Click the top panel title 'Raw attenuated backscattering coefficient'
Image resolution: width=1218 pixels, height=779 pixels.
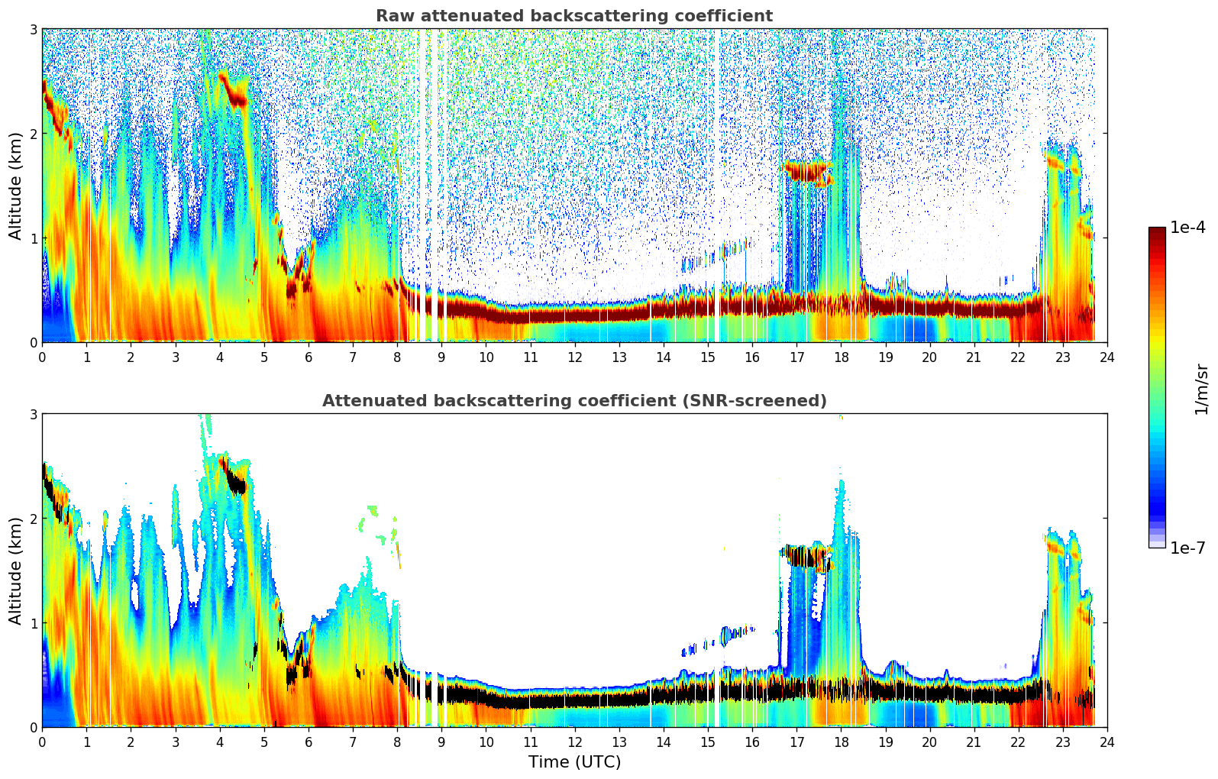coord(573,16)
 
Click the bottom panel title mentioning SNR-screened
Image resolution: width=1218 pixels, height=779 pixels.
coord(573,401)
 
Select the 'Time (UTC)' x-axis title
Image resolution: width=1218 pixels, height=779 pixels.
coord(574,762)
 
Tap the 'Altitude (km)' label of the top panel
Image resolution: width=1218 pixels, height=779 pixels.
coord(15,186)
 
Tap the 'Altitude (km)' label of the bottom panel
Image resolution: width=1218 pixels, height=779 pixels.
coord(15,571)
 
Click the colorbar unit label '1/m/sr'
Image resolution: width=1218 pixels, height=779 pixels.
coord(1201,389)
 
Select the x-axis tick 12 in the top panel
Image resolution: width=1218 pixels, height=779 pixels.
coord(574,357)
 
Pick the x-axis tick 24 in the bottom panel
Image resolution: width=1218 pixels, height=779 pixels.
coord(1107,742)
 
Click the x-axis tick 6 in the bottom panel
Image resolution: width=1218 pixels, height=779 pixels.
coord(309,742)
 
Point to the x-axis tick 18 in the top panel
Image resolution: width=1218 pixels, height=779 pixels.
coord(841,357)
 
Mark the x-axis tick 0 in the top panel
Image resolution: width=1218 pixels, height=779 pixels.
coord(42,357)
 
